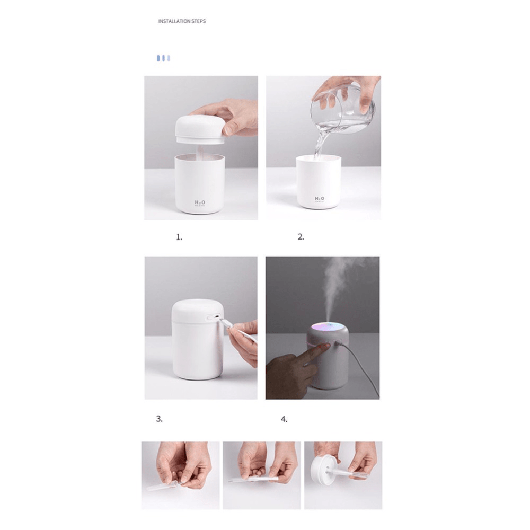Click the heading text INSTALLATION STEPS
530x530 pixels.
click(x=182, y=21)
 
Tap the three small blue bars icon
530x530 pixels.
click(x=163, y=58)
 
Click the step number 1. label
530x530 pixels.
click(x=179, y=237)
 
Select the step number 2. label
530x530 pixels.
click(x=301, y=237)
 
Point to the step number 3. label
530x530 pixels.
click(x=159, y=419)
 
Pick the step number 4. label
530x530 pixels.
click(x=285, y=419)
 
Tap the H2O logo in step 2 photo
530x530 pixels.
click(x=320, y=199)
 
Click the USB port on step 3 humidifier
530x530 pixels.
click(x=215, y=317)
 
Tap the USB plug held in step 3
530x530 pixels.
click(x=225, y=324)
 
